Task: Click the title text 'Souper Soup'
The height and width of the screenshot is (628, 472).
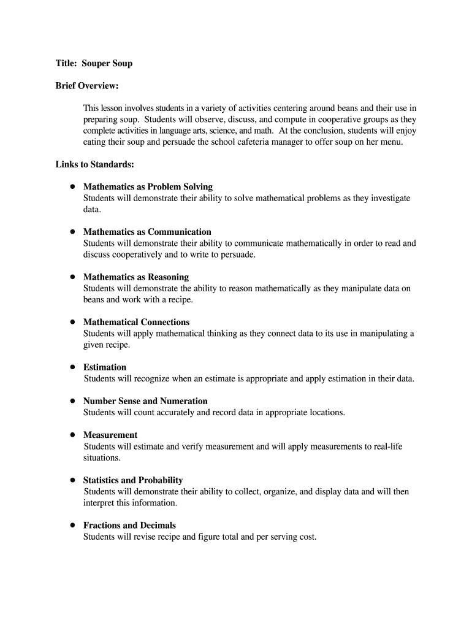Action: click(x=107, y=63)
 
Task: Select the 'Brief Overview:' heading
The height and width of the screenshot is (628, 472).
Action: click(x=86, y=85)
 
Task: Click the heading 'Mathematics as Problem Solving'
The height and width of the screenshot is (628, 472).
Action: click(x=148, y=186)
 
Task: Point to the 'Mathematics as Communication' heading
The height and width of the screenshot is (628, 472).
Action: click(x=147, y=232)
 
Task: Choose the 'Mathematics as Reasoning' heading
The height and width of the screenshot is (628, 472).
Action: click(x=136, y=277)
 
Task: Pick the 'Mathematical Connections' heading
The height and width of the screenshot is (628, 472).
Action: click(x=136, y=322)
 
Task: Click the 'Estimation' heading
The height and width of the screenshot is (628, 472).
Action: click(x=105, y=367)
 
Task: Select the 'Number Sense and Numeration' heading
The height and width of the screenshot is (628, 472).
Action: click(x=145, y=401)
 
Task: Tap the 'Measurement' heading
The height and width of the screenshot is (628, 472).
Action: click(x=110, y=435)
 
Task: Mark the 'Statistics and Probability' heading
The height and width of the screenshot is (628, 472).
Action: click(x=133, y=480)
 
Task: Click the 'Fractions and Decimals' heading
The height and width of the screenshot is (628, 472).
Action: click(x=129, y=526)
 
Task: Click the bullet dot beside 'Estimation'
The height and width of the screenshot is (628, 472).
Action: click(x=72, y=367)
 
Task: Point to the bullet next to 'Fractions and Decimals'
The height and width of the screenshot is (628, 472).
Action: click(x=72, y=525)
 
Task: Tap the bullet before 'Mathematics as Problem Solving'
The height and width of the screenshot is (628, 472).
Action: click(x=72, y=186)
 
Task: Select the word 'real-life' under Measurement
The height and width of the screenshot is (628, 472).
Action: click(x=387, y=446)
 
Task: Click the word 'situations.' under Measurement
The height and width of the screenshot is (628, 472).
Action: click(x=102, y=458)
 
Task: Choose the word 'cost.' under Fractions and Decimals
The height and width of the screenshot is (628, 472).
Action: click(x=306, y=537)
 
